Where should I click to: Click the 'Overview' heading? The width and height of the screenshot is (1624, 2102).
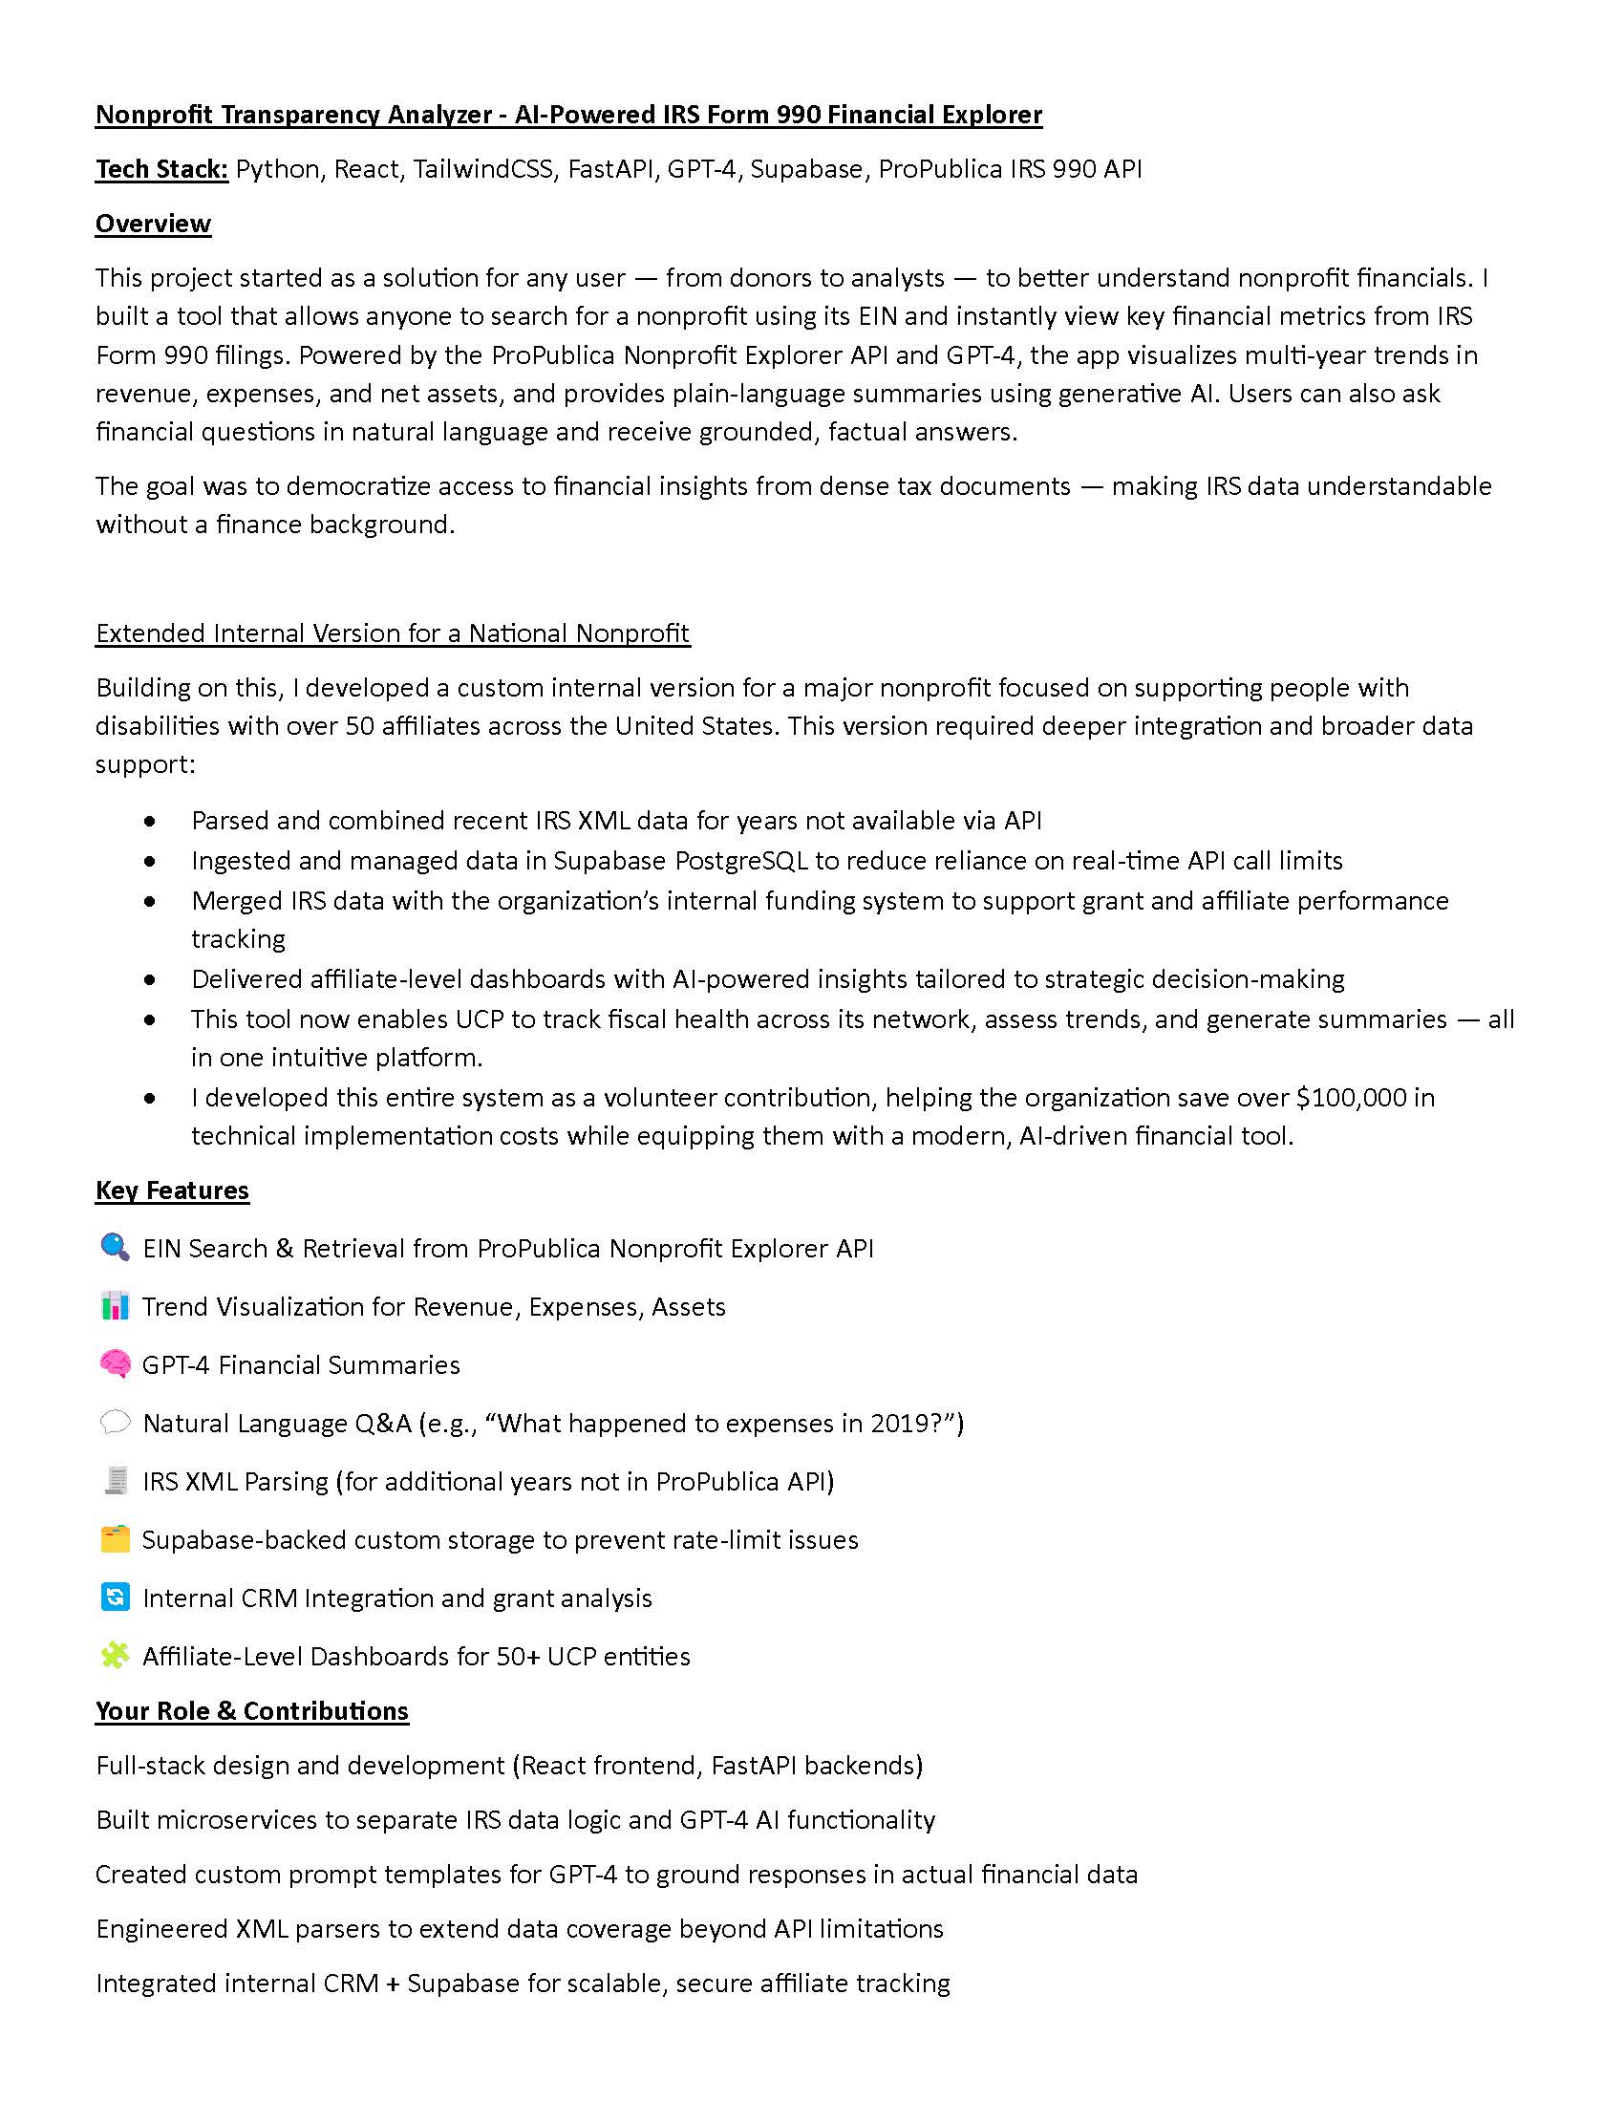tap(153, 224)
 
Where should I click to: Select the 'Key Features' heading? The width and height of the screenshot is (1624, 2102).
tap(172, 1190)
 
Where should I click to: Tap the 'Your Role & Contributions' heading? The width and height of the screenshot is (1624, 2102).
tap(252, 1710)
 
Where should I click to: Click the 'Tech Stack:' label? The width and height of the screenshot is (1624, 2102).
tap(161, 169)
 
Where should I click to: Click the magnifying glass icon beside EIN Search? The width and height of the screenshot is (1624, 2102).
tap(115, 1247)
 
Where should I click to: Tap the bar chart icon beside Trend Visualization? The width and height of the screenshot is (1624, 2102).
tap(115, 1306)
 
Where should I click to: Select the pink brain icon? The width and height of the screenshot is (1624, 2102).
tap(115, 1363)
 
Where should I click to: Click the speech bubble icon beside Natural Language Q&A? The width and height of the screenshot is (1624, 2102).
tap(115, 1423)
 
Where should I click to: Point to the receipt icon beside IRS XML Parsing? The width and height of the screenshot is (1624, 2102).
tap(115, 1480)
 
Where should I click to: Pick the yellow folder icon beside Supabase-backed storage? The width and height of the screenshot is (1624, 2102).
tap(115, 1539)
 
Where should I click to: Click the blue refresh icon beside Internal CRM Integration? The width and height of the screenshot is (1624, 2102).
tap(115, 1597)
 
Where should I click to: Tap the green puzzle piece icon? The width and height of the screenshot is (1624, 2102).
tap(115, 1656)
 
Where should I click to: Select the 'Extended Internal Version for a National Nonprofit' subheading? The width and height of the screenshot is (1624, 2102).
tap(393, 633)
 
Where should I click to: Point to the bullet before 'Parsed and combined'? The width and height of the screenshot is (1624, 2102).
tap(149, 821)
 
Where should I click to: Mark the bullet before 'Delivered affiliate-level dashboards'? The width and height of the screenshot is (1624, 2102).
tap(149, 979)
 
